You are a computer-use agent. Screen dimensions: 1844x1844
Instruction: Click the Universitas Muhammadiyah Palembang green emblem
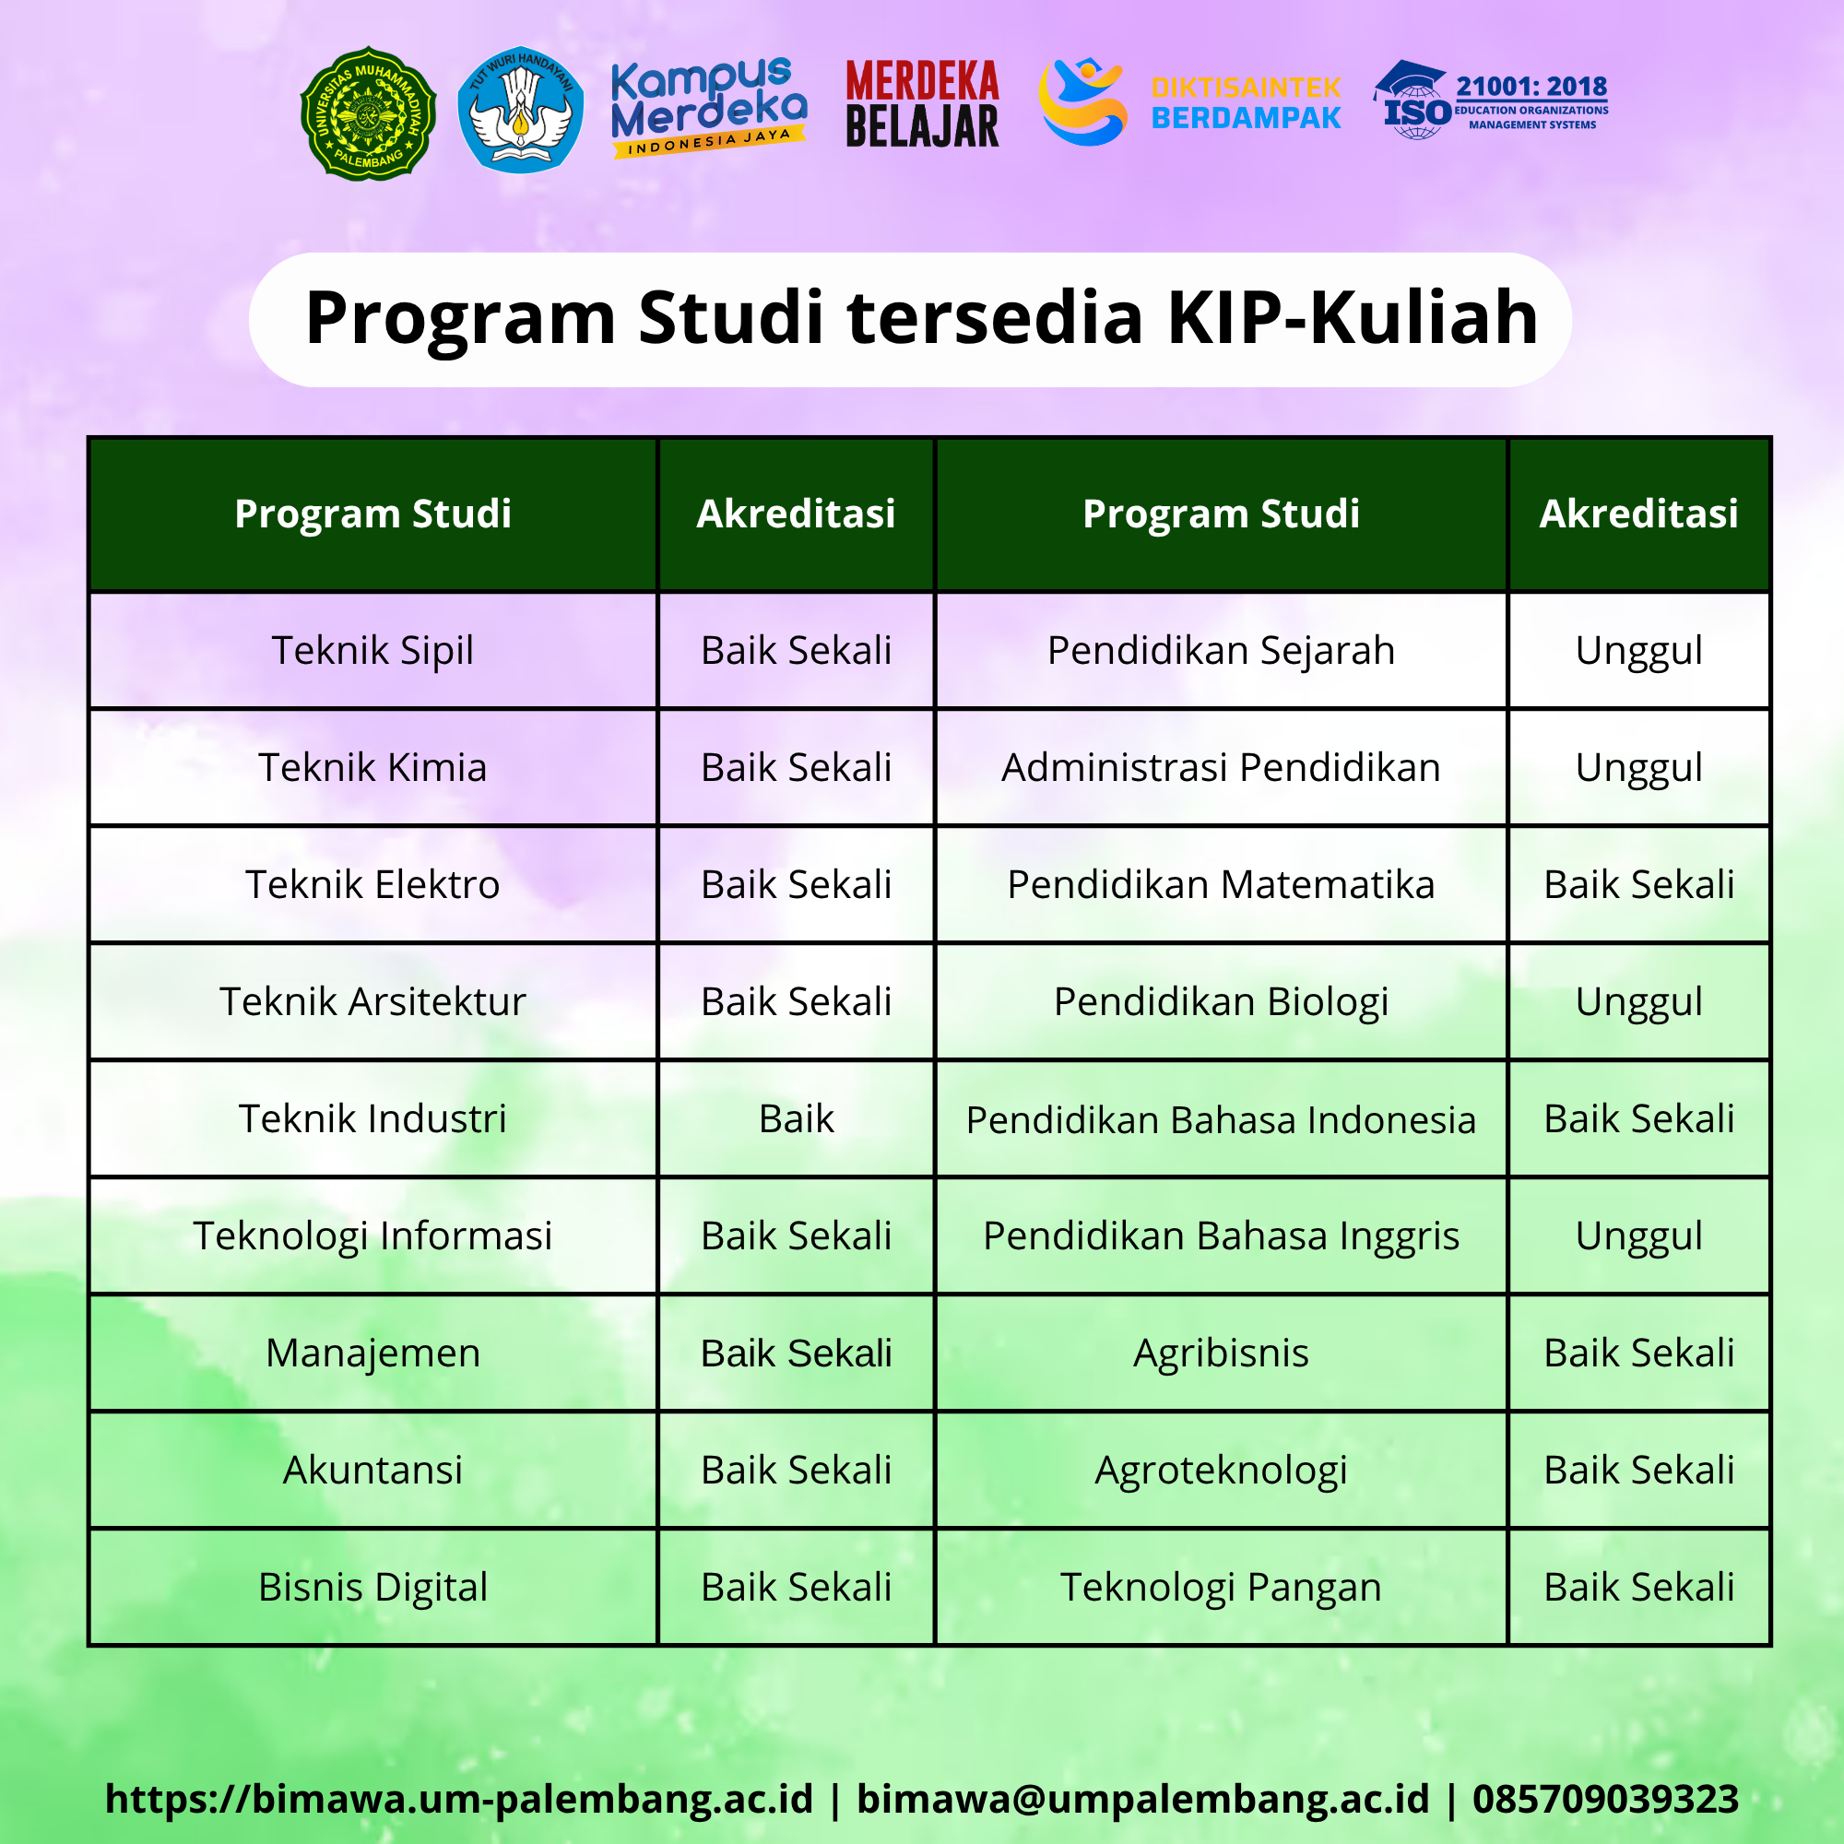(369, 113)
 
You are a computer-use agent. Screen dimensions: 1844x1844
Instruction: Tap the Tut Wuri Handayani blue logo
(520, 109)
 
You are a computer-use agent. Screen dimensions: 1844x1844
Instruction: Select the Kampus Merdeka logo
(709, 107)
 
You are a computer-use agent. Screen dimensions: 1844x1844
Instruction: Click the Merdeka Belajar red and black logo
(922, 104)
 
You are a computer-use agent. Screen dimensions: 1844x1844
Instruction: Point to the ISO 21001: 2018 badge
(1491, 100)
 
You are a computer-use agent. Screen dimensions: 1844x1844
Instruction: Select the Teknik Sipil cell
(373, 651)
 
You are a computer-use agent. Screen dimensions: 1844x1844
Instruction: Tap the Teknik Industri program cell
(373, 1118)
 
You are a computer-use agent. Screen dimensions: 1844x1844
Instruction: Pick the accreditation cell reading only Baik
(796, 1118)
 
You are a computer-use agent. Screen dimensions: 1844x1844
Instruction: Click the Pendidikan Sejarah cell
(1221, 651)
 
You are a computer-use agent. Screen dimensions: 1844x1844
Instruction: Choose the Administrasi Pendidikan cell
(1221, 767)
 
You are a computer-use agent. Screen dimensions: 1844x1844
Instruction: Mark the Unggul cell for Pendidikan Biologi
(1638, 1002)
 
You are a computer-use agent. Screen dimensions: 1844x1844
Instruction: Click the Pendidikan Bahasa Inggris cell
(1221, 1236)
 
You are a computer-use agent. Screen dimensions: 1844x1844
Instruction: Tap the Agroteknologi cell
(1221, 1470)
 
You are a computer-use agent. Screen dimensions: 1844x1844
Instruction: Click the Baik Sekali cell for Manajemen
(796, 1353)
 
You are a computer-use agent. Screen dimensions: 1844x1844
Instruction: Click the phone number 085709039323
(1605, 1798)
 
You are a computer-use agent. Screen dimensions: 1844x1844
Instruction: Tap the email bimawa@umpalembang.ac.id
(1142, 1799)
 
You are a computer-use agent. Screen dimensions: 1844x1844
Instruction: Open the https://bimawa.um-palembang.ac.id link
(459, 1799)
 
